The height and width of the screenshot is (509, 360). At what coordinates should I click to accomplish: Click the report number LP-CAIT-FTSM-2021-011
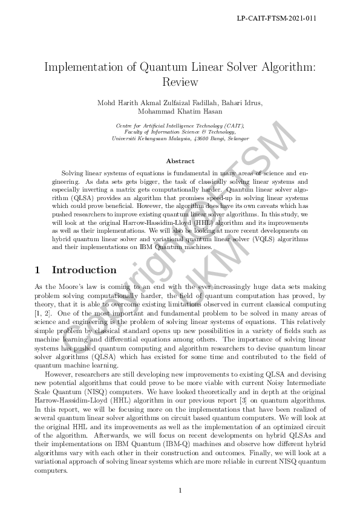click(277, 19)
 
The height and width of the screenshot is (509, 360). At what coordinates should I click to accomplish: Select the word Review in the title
click(180, 82)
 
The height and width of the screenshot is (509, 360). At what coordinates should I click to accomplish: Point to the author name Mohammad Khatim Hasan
click(180, 112)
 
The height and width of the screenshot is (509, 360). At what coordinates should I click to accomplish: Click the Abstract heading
click(180, 161)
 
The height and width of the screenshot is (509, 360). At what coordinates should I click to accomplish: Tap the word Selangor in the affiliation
click(236, 138)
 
